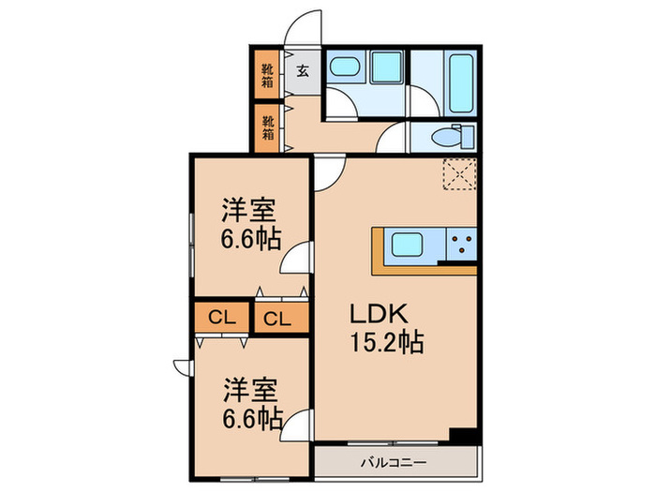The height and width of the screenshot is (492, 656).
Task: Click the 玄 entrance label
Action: click(x=304, y=69)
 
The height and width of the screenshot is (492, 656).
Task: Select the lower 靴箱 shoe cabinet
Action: click(x=268, y=127)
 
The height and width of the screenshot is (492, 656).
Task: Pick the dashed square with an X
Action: click(x=459, y=174)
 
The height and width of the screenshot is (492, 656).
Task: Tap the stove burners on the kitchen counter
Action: click(x=461, y=246)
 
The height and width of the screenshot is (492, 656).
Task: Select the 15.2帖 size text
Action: click(x=387, y=342)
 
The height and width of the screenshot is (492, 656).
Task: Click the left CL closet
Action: click(x=221, y=318)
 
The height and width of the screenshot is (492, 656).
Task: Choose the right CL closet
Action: click(x=277, y=318)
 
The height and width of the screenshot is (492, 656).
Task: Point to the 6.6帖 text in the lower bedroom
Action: click(x=251, y=416)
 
